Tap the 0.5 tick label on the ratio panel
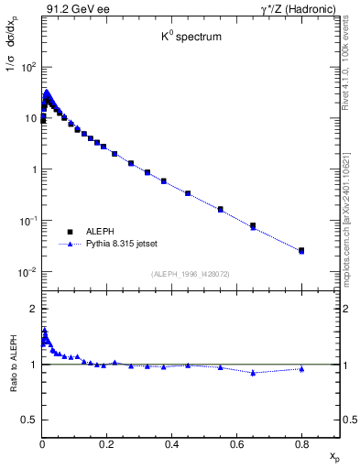(29, 420)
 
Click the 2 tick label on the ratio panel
(33, 309)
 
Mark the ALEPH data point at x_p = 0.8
(302, 249)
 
